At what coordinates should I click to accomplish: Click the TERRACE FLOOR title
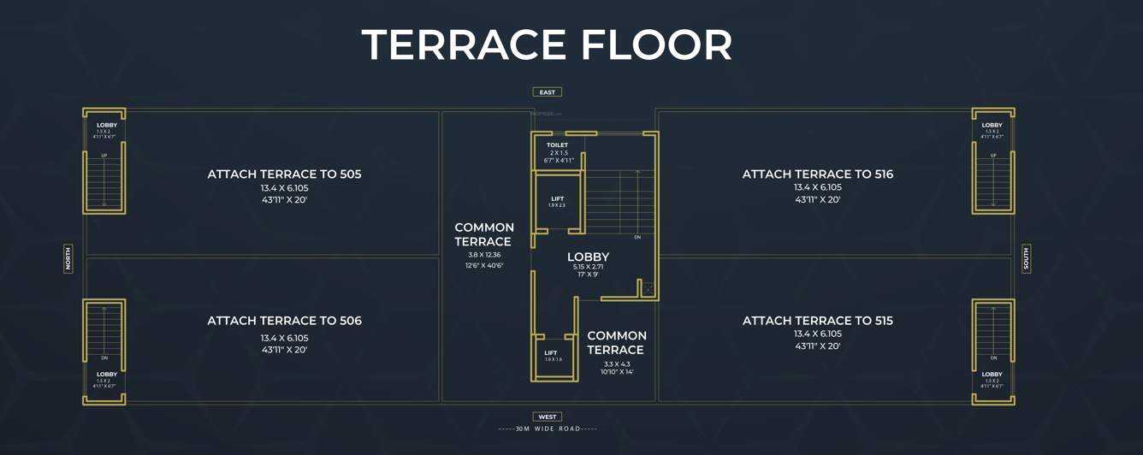click(x=547, y=44)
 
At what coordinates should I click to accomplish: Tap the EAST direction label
click(x=548, y=92)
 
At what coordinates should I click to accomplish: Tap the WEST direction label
click(x=548, y=417)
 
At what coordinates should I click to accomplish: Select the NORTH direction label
click(x=68, y=258)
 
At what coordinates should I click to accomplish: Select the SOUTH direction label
click(x=1027, y=258)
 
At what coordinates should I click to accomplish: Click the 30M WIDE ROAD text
click(x=548, y=428)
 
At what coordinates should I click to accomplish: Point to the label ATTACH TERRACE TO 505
click(x=284, y=174)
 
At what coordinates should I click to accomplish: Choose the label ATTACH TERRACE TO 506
click(x=284, y=321)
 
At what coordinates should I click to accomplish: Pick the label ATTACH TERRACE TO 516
click(x=817, y=174)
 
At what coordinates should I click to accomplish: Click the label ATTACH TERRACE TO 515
click(x=817, y=321)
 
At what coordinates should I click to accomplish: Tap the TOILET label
click(x=557, y=145)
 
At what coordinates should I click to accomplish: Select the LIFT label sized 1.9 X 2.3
click(x=557, y=199)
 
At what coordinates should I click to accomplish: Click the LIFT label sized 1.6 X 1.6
click(x=551, y=352)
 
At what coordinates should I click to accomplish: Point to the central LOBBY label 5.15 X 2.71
click(x=588, y=257)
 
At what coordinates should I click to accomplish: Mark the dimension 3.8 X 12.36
click(x=484, y=255)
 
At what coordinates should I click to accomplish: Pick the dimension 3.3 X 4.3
click(x=616, y=363)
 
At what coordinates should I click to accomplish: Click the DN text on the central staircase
click(x=637, y=237)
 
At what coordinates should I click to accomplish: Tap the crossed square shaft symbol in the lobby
click(x=648, y=290)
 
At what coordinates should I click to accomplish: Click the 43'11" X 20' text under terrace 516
click(x=817, y=200)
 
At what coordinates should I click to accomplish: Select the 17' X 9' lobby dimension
click(x=588, y=275)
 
